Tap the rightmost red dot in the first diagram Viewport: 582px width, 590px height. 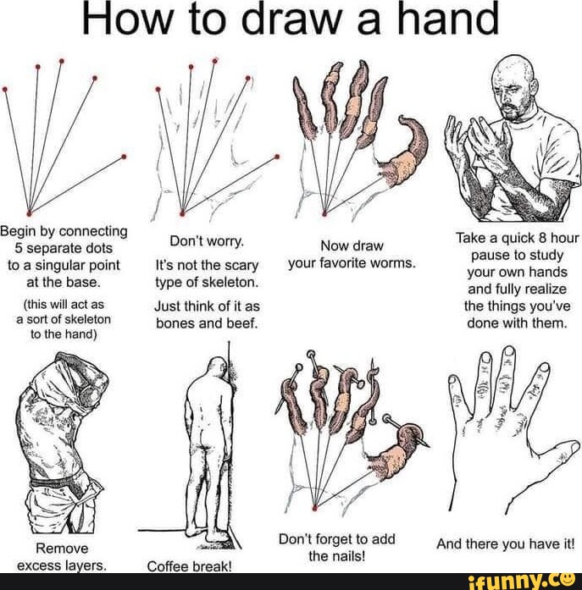pos(125,157)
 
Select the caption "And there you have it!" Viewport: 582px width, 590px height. pos(504,546)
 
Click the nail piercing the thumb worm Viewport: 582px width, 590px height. pos(407,432)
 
